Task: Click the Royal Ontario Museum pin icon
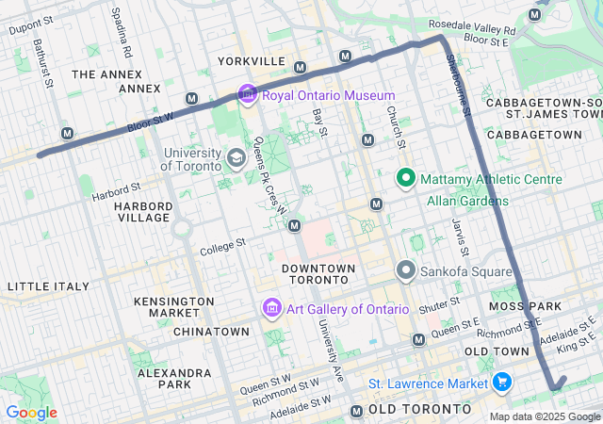[x=248, y=94]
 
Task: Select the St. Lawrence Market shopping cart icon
[x=501, y=383]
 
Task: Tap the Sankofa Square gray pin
[x=406, y=271]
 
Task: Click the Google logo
[x=30, y=412]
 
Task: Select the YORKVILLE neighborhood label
[x=252, y=61]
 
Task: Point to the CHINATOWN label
[x=211, y=332]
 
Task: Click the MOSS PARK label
[x=525, y=307]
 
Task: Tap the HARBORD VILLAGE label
[x=143, y=212]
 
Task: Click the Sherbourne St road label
[x=459, y=85]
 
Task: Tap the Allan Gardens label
[x=467, y=201]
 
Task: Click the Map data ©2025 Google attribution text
[x=544, y=416]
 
